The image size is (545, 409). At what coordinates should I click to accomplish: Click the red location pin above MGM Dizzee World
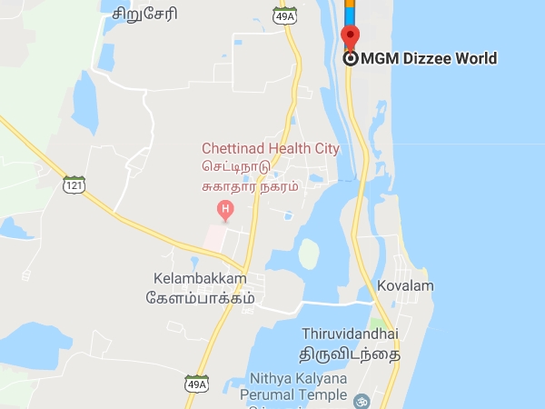(x=350, y=36)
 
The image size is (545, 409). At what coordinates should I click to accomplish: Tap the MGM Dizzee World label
(x=429, y=59)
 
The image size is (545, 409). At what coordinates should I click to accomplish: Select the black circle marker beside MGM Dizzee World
(x=351, y=59)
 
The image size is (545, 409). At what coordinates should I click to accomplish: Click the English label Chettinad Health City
(x=270, y=148)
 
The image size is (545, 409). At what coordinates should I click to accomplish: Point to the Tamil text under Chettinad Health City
(x=255, y=177)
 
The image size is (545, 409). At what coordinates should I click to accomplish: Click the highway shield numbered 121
(x=74, y=185)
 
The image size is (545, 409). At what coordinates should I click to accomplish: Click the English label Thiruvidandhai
(x=351, y=334)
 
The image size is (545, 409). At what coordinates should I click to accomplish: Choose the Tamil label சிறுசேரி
(x=145, y=14)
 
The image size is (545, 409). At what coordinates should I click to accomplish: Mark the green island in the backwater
(x=310, y=254)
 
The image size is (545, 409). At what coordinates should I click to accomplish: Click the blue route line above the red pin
(x=350, y=11)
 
